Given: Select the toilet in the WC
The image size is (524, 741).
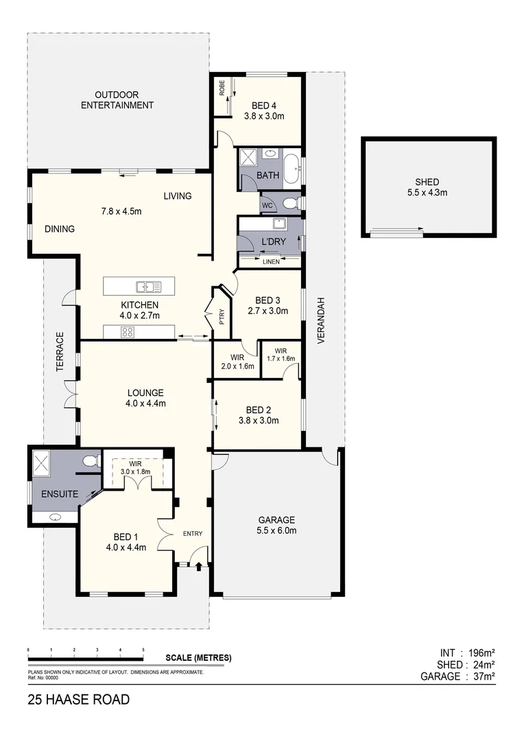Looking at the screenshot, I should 290,203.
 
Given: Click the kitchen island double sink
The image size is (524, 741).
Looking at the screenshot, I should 148,286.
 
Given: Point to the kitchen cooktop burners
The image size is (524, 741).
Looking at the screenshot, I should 128,332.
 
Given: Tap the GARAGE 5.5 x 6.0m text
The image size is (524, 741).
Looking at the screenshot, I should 276,525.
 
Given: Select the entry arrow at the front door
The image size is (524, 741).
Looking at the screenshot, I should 199,566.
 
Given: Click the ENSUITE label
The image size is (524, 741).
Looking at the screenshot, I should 59,494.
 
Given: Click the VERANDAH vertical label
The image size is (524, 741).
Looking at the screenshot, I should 321,321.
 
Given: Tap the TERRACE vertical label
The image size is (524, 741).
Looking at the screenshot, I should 60,353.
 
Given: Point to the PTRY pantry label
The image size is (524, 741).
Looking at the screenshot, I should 222,317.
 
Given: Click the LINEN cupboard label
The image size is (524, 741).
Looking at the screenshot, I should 271,261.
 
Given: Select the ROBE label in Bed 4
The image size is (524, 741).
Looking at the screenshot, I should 222,88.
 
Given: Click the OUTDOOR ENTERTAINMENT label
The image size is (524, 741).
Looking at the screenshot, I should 117,99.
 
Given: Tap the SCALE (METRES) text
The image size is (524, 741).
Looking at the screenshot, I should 199,657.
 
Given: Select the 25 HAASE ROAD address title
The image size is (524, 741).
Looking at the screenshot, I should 78,701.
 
